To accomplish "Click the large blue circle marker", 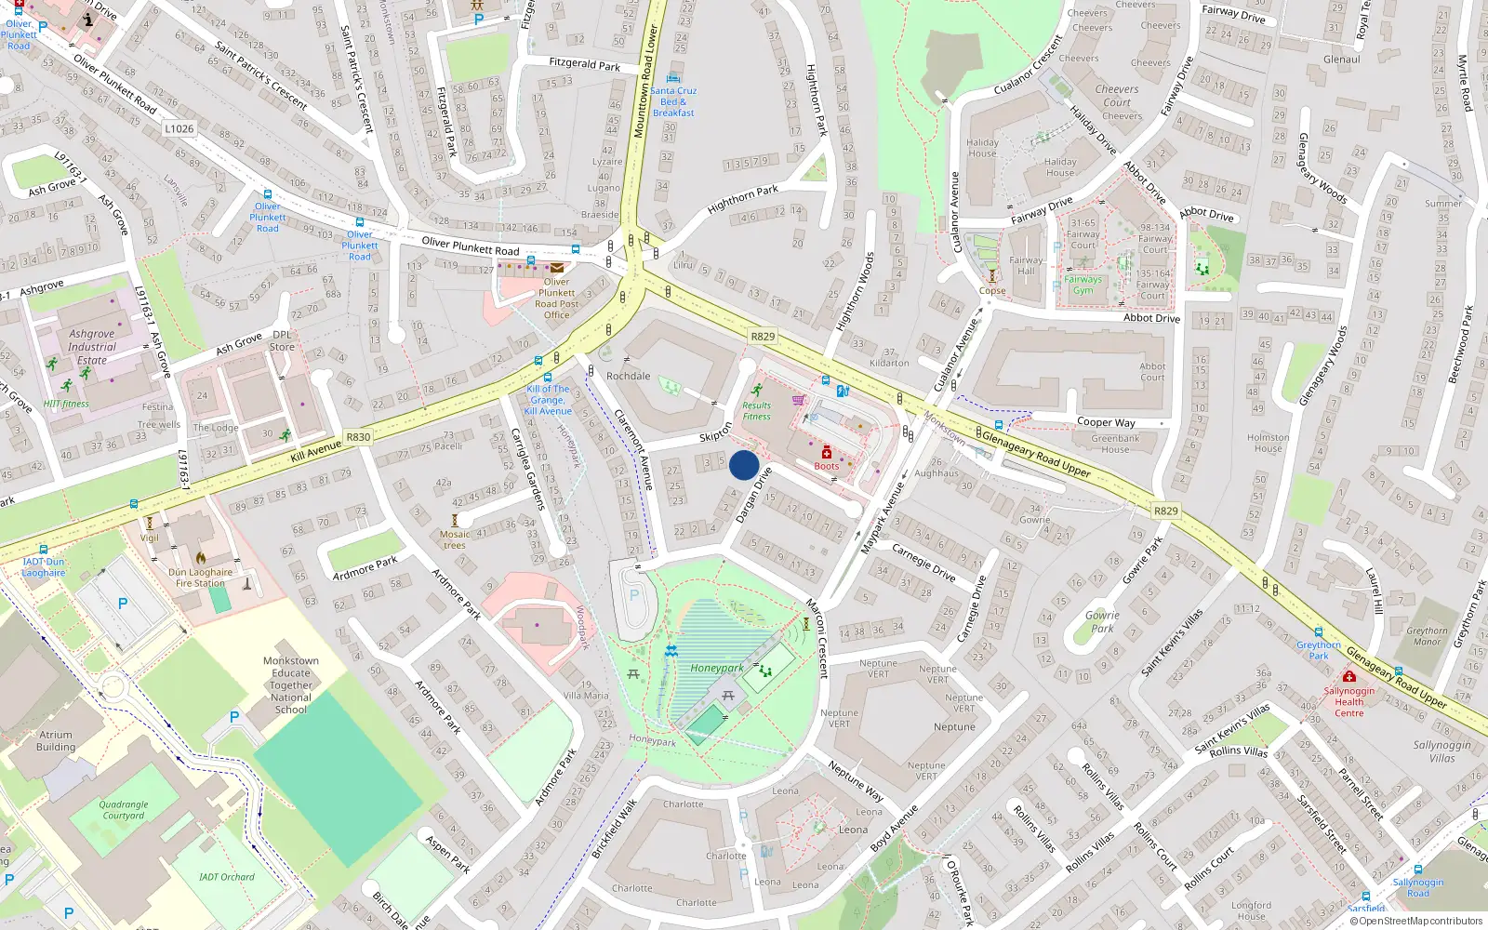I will click(744, 465).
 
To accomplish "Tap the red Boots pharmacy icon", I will click(826, 453).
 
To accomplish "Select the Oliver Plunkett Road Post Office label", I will click(556, 299).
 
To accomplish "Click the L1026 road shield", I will click(179, 128).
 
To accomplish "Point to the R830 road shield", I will click(358, 436).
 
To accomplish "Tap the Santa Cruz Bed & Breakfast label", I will click(673, 101).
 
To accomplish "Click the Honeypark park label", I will click(716, 668).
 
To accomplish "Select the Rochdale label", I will click(628, 376).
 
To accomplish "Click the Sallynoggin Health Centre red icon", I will click(1348, 676).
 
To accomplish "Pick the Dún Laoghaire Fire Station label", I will click(200, 578).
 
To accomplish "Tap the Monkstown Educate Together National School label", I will click(291, 685).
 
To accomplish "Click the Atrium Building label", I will click(56, 740).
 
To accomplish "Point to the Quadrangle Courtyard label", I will click(124, 810).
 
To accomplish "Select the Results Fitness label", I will click(756, 411).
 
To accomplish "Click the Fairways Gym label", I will click(1083, 285).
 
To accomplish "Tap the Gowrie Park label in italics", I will click(1102, 621).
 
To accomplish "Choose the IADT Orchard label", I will click(226, 877).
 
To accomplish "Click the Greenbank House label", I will click(1115, 444).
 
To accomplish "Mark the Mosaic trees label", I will click(455, 539).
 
